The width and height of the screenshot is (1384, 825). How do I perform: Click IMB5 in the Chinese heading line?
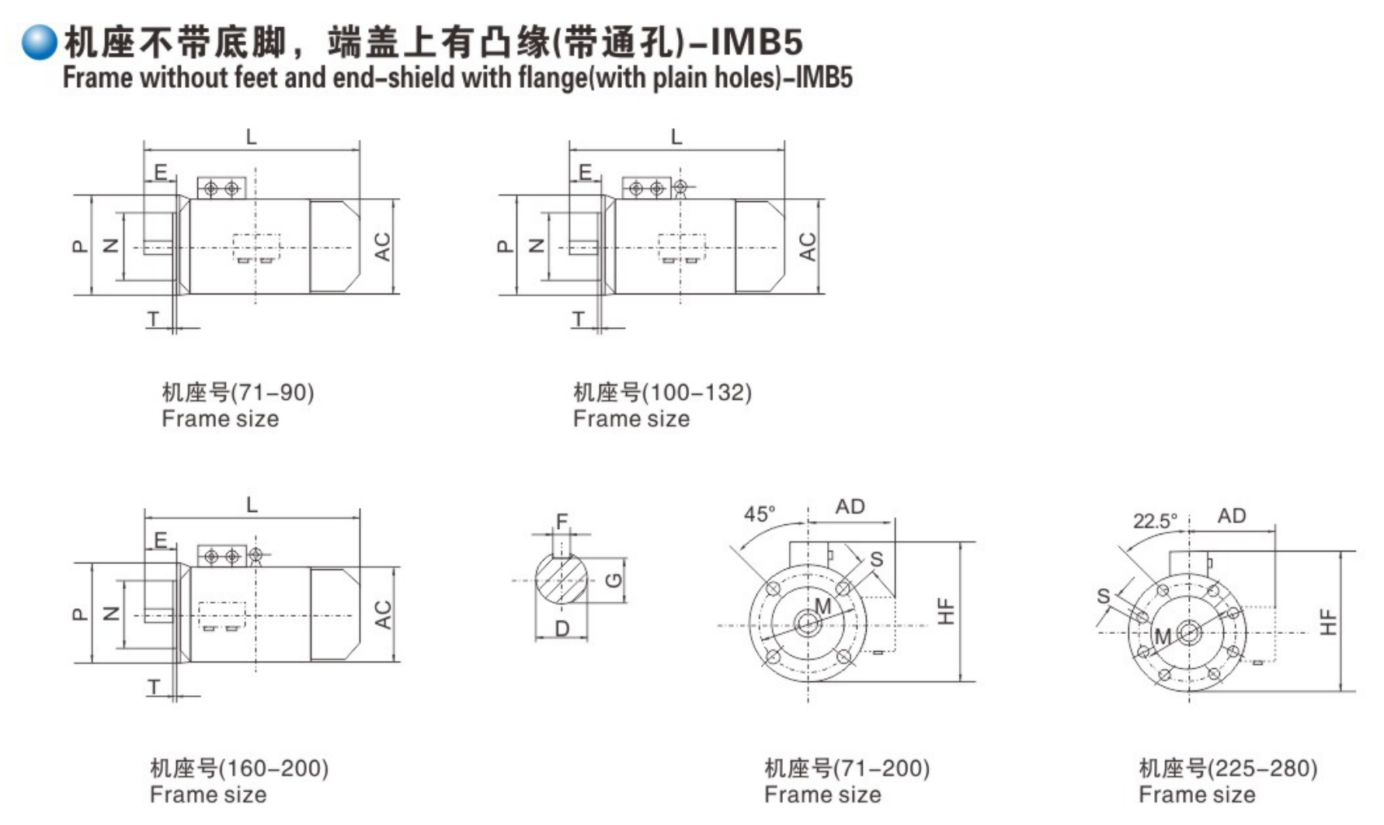[x=756, y=41]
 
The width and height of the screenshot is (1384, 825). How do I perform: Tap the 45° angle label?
[x=759, y=513]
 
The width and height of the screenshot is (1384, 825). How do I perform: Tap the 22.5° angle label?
[x=1154, y=521]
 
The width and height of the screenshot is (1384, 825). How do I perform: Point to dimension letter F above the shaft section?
[x=562, y=521]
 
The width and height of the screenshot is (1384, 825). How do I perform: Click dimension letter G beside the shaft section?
[x=614, y=580]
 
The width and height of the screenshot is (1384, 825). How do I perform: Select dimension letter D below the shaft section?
[x=562, y=629]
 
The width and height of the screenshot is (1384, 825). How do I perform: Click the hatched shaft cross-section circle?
[x=561, y=581]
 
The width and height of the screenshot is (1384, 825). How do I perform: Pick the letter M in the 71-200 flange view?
[x=822, y=606]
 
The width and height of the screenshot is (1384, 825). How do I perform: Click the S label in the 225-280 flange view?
[x=1103, y=596]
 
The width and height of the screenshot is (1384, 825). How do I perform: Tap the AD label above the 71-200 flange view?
[x=850, y=506]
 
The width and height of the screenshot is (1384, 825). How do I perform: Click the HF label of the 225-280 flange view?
[x=1329, y=621]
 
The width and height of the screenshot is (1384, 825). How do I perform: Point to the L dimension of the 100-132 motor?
[x=676, y=137]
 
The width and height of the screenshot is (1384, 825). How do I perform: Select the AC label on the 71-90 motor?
[x=382, y=246]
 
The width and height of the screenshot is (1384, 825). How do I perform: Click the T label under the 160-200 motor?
[x=154, y=687]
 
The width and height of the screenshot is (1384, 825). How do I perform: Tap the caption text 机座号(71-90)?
[x=238, y=392]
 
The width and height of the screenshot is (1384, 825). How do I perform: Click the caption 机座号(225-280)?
[x=1227, y=768]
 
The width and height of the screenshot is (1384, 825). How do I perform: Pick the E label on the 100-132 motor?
[x=585, y=172]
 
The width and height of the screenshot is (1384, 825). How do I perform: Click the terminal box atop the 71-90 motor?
[x=221, y=188]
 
